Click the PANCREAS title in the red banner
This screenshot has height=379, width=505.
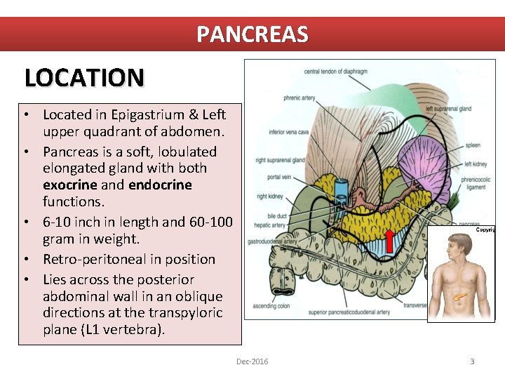(252, 34)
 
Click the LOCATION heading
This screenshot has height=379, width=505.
(84, 77)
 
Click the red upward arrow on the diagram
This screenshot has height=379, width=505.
(389, 240)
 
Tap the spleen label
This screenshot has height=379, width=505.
(472, 145)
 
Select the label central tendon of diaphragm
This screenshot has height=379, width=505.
(337, 71)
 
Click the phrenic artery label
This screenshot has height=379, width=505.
(299, 98)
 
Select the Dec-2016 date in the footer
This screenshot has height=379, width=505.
(252, 361)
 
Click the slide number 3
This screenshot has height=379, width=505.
(472, 361)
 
